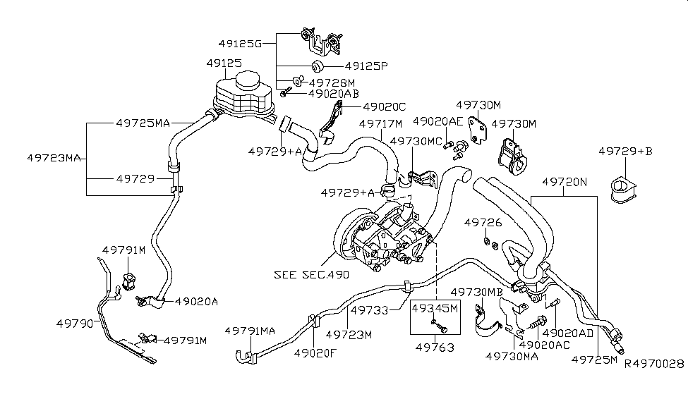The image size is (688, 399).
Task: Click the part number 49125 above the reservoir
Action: (x=224, y=63)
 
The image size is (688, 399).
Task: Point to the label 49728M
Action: (x=332, y=82)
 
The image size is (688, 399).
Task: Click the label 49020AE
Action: (x=437, y=122)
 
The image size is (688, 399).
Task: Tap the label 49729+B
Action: (x=625, y=151)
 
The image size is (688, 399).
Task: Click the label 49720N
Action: (x=565, y=181)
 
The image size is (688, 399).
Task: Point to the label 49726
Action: (x=483, y=223)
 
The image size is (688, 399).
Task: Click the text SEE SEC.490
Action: (x=311, y=274)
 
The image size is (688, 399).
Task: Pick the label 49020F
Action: (x=315, y=353)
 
